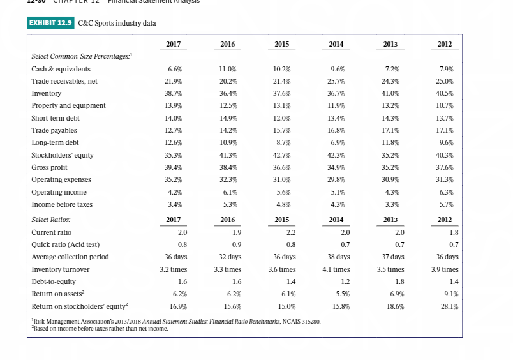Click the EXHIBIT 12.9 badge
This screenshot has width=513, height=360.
51,23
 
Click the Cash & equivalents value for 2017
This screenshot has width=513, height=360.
174,69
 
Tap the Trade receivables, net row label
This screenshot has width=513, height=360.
64,81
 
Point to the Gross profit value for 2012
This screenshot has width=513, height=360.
445,167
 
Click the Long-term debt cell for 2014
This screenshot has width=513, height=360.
337,142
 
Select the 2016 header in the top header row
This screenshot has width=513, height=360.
227,45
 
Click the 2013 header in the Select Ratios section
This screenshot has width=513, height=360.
390,220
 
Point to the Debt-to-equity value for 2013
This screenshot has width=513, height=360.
399,281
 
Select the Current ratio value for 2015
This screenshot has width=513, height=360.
290,232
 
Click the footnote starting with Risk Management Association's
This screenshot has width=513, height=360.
175,322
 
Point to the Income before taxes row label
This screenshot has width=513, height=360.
62,204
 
